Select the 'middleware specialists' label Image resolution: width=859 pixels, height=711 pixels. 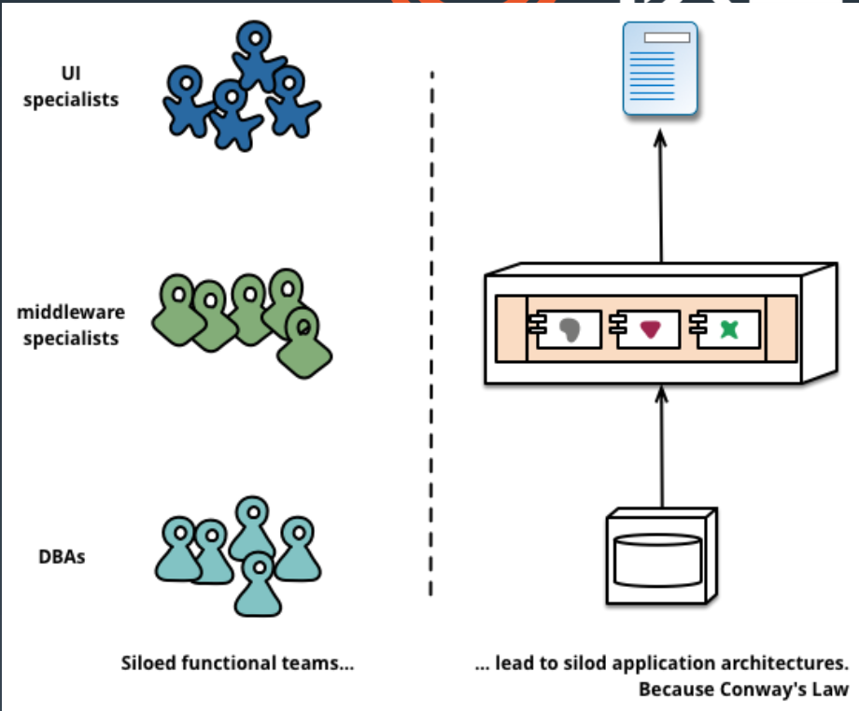71,325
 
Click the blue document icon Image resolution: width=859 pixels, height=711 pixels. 661,70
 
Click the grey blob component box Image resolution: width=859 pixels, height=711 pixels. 568,328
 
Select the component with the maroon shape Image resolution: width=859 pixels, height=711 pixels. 648,328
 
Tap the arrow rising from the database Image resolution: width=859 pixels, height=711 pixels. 661,448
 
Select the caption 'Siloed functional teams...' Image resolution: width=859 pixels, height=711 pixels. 237,664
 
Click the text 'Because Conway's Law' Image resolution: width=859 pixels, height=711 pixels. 743,690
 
